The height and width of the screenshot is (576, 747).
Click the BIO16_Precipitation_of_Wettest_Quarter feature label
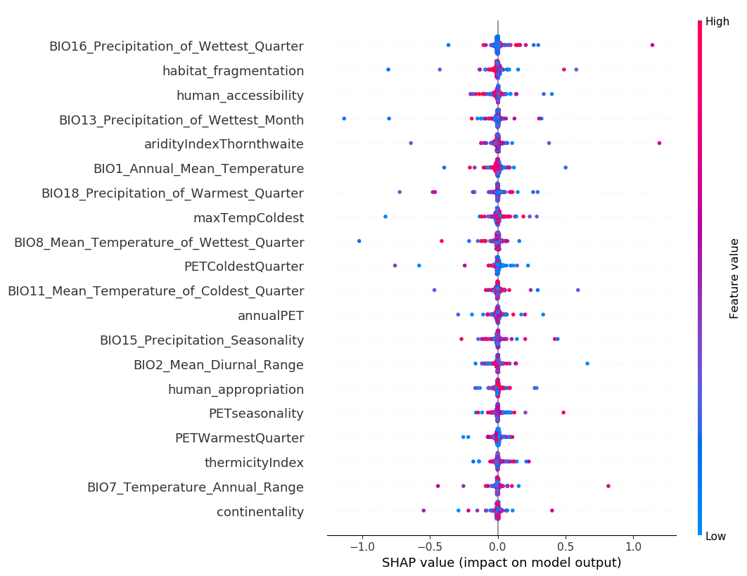176,46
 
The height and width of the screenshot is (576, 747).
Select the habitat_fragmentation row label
233,71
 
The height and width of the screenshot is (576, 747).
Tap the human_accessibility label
240,96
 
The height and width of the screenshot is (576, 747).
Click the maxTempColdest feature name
248,218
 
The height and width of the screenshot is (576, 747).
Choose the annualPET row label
271,316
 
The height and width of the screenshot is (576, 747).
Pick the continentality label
260,512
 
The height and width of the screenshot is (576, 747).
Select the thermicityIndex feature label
254,463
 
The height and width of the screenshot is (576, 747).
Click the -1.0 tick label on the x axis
362,546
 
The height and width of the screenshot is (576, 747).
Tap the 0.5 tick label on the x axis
566,546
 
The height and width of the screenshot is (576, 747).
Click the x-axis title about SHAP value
502,563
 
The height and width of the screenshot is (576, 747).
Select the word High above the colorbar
717,22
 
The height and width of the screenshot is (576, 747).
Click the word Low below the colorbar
715,537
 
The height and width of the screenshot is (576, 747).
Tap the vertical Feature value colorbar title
734,279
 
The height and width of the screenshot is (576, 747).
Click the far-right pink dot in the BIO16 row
652,45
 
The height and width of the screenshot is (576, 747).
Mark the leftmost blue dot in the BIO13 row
344,118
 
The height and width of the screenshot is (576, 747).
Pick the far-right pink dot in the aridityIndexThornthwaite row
659,143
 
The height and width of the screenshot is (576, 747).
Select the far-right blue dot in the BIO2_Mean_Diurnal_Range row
587,364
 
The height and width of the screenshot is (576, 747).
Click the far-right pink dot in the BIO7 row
608,486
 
